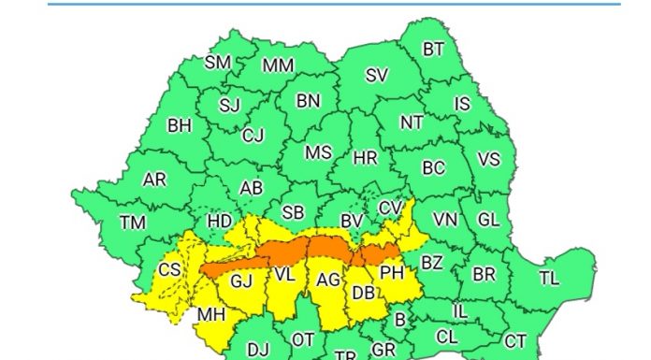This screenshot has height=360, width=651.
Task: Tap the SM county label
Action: [x=217, y=64]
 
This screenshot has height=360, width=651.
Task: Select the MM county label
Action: [x=277, y=66]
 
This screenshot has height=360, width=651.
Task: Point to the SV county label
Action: [x=376, y=76]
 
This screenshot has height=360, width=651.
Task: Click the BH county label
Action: [x=180, y=125]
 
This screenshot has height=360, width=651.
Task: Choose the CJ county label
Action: [x=253, y=136]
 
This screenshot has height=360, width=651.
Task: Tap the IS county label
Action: [x=462, y=104]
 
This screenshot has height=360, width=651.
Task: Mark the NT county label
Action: [x=412, y=122]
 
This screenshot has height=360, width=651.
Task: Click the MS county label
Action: [x=319, y=152]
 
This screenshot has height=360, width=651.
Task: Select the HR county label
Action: [x=365, y=158]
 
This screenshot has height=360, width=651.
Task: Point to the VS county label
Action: [x=488, y=160]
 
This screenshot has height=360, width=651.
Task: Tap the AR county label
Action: [x=154, y=180]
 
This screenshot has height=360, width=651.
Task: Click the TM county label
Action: [x=133, y=223]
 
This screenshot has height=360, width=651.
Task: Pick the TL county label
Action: [x=549, y=278]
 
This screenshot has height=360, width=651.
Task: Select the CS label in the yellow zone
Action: [x=169, y=269]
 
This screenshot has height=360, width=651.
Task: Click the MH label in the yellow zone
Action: [x=210, y=314]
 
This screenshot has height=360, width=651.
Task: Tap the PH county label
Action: [x=391, y=273]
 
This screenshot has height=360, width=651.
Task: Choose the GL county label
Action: [x=488, y=220]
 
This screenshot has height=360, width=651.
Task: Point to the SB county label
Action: [x=293, y=213]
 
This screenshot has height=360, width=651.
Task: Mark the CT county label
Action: [x=515, y=340]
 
